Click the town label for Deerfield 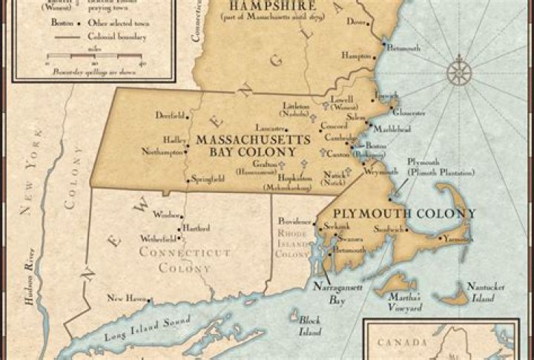point(169,115)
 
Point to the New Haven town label point(124,298)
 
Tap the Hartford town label point(197,228)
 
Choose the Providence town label point(294,222)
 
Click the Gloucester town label point(409,113)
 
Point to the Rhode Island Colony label point(291,243)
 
